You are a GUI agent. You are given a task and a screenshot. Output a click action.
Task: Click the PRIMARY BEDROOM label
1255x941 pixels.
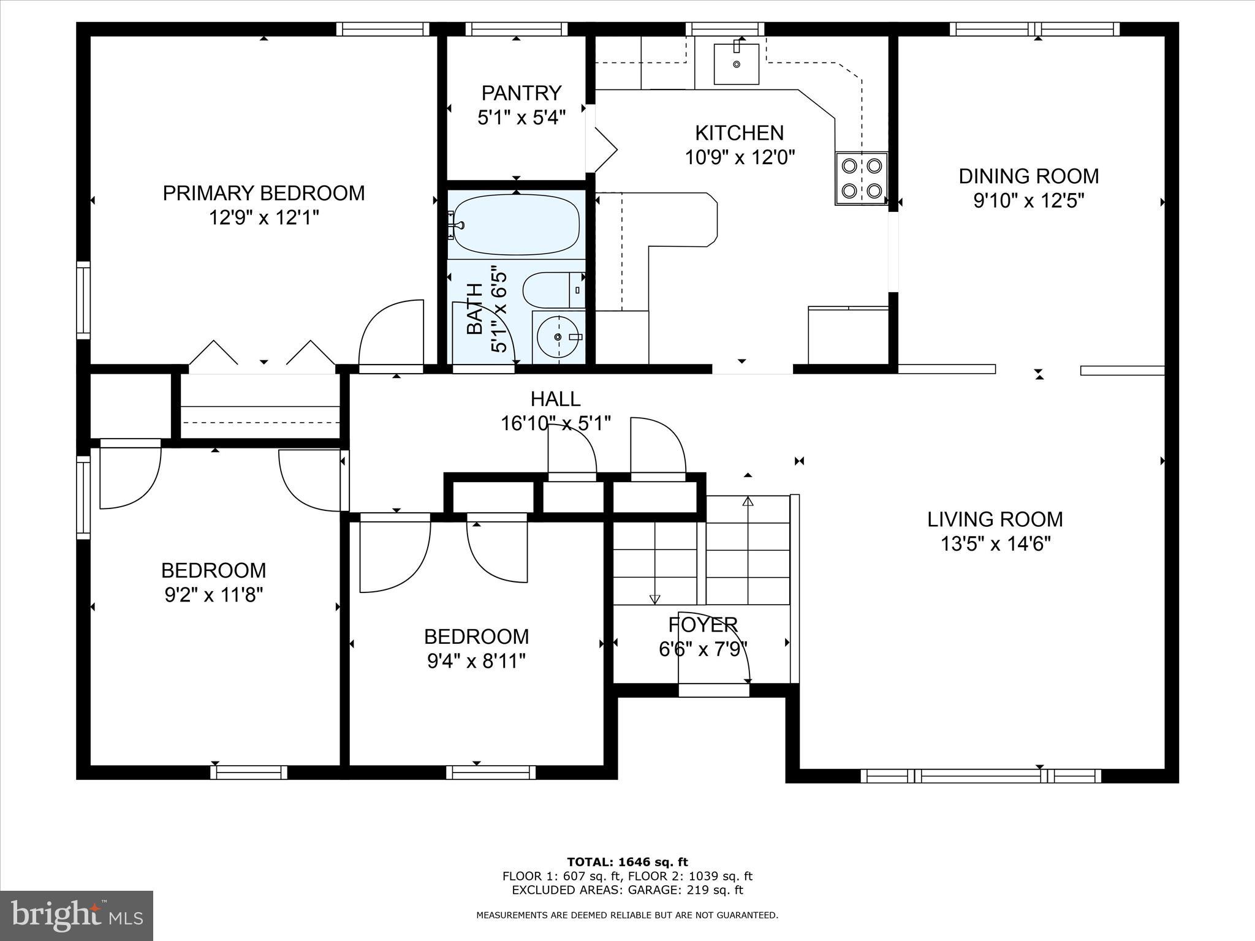(264, 193)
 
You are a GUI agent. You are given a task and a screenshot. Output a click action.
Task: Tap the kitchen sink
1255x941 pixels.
(736, 64)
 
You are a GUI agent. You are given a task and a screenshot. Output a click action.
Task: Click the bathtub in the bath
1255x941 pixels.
(516, 225)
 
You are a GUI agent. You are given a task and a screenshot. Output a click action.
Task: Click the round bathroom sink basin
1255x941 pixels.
(558, 338)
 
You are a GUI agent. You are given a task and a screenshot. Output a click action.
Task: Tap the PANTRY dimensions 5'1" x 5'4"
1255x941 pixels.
(521, 118)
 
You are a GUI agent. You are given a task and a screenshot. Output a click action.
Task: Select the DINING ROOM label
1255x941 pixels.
(1028, 176)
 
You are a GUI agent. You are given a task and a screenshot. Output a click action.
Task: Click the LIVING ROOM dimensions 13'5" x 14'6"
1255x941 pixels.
(995, 543)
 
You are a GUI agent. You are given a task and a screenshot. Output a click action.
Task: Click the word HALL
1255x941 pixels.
(555, 399)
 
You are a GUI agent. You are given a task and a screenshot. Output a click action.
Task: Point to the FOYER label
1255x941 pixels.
(703, 624)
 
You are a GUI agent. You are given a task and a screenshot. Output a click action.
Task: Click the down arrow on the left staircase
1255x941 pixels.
(654, 599)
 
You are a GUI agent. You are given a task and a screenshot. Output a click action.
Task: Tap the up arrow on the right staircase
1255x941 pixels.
(748, 501)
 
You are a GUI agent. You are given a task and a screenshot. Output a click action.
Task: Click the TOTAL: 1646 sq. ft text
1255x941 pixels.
(627, 862)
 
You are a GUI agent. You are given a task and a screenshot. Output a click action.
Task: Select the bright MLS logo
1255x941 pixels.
(77, 915)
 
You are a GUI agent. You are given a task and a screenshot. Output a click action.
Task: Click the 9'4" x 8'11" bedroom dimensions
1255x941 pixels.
(476, 661)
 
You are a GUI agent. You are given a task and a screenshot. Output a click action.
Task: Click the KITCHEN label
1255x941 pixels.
(739, 133)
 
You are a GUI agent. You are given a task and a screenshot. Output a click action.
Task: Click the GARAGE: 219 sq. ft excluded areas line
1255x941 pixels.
(627, 890)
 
